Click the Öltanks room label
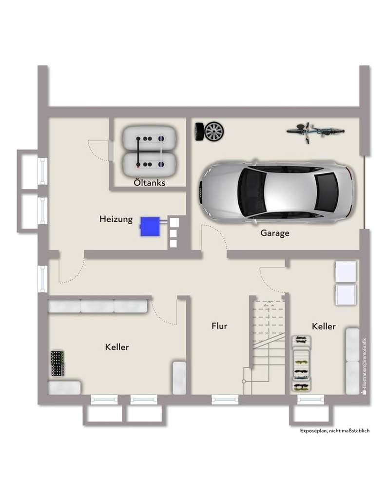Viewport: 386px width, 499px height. pyautogui.click(x=150, y=183)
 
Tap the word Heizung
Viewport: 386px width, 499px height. pyautogui.click(x=116, y=219)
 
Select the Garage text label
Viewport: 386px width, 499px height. pyautogui.click(x=274, y=233)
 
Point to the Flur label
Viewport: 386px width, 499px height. pyautogui.click(x=219, y=326)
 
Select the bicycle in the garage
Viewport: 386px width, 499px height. pyautogui.click(x=315, y=131)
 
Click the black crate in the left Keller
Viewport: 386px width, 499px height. pyautogui.click(x=58, y=363)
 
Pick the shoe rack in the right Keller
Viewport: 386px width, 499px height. pyautogui.click(x=301, y=364)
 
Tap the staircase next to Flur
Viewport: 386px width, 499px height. pyautogui.click(x=268, y=341)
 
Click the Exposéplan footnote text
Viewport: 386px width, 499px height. pyautogui.click(x=335, y=431)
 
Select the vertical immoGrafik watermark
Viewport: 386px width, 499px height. pyautogui.click(x=364, y=365)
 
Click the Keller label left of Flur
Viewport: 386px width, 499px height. pyautogui.click(x=117, y=347)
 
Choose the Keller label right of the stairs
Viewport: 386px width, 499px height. pyautogui.click(x=324, y=326)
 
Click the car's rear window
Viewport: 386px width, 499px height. pyautogui.click(x=326, y=192)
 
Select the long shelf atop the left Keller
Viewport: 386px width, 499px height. pyautogui.click(x=97, y=306)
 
